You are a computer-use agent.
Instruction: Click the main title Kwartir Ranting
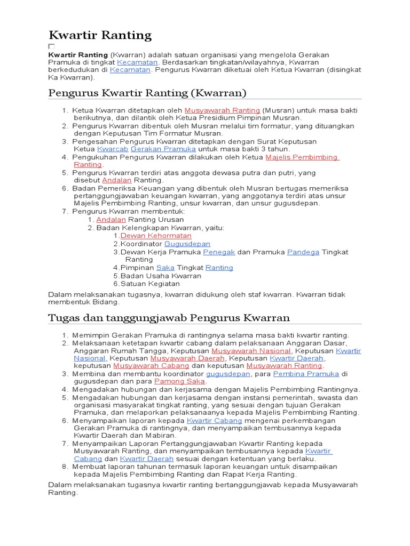[x=100, y=36]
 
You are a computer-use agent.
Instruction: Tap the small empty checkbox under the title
[x=52, y=47]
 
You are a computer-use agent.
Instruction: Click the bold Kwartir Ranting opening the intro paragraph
[x=78, y=55]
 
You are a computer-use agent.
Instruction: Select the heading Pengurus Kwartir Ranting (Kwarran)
[x=147, y=93]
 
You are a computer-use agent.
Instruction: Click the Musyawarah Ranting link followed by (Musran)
[x=215, y=110]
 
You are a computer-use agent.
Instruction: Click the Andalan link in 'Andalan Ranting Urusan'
[x=111, y=219]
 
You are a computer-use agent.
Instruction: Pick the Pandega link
[x=303, y=252]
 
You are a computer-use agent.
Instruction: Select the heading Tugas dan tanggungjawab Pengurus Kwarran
[x=169, y=318]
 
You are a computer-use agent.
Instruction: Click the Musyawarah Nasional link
[x=251, y=351]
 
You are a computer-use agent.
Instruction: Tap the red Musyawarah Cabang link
[x=152, y=366]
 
